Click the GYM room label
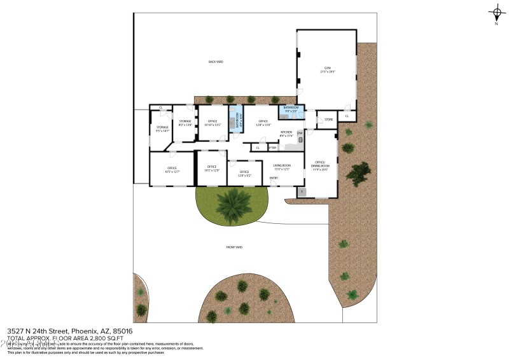pos(328,69)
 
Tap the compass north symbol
pos(496,13)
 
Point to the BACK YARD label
pos(216,62)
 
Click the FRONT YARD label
pos(235,247)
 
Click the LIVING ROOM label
pos(282,167)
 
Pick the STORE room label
pos(328,119)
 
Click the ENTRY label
pos(274,178)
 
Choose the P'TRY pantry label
pos(272,148)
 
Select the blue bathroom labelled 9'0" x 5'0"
pos(291,109)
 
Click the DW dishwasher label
pos(300,132)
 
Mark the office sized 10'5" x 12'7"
pos(171,169)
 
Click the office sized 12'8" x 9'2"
pos(244,173)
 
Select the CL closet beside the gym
pos(347,116)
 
